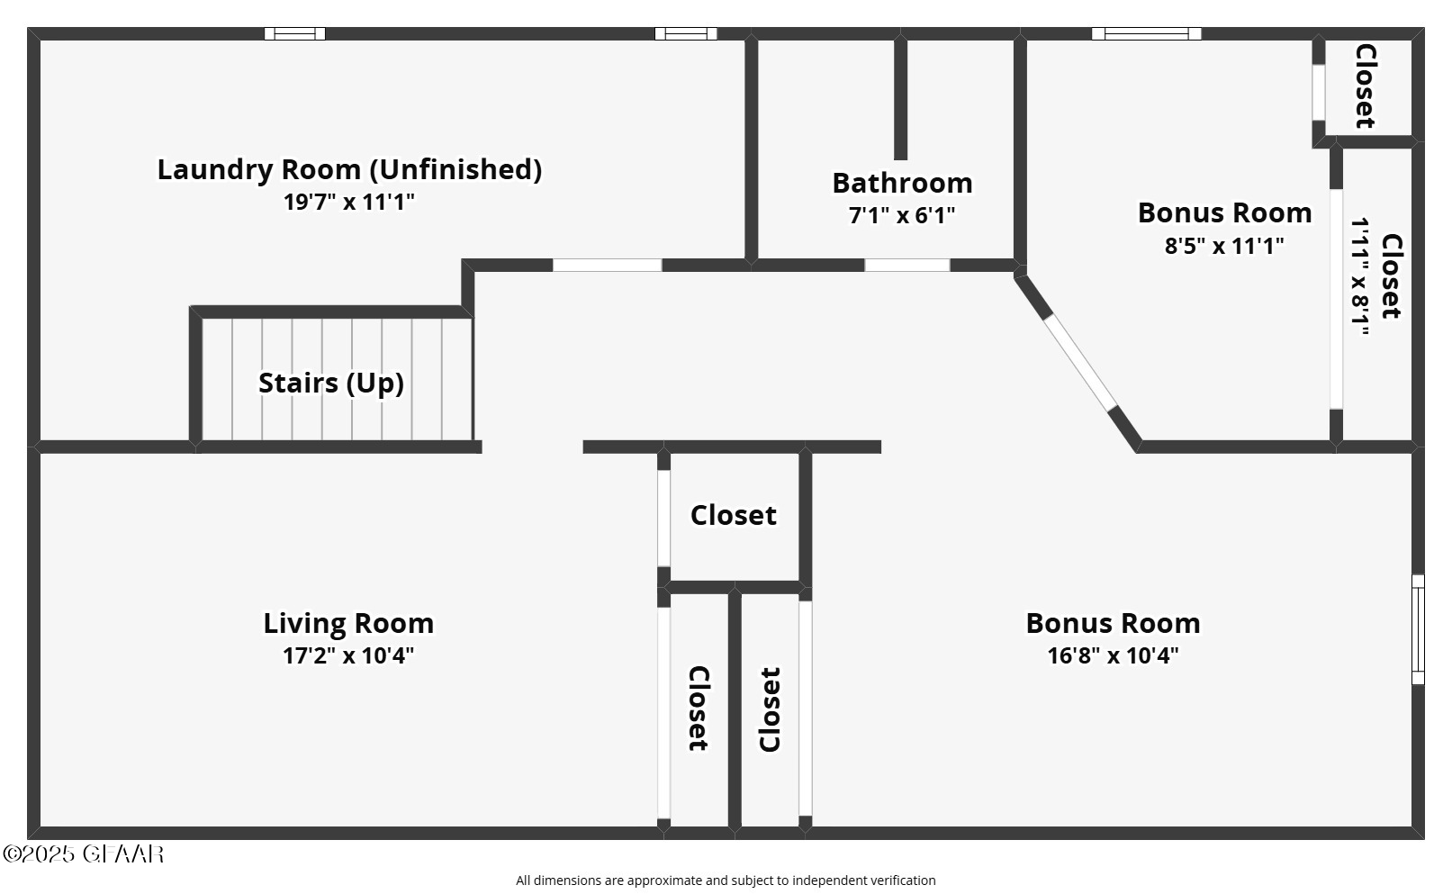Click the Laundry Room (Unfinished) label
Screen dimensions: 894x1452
click(x=349, y=169)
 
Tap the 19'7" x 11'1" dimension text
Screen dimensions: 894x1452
click(x=349, y=202)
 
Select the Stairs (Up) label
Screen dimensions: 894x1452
click(x=330, y=383)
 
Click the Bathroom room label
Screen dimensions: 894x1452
click(x=902, y=183)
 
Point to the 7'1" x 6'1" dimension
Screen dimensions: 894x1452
click(x=902, y=215)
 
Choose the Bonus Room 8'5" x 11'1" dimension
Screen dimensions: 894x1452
click(x=1224, y=245)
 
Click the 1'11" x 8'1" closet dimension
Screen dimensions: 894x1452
click(x=1360, y=276)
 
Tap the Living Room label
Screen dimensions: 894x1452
click(x=348, y=623)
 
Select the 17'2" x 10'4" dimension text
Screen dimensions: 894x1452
click(x=348, y=655)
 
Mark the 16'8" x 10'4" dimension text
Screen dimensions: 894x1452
click(x=1113, y=655)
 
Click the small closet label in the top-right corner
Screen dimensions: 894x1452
click(x=1366, y=86)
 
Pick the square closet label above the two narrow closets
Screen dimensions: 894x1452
click(x=733, y=515)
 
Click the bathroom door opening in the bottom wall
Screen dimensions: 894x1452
click(x=906, y=265)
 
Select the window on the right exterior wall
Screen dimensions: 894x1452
click(x=1418, y=629)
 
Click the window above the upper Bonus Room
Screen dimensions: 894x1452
click(x=1146, y=34)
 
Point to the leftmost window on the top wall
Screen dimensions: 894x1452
click(x=294, y=34)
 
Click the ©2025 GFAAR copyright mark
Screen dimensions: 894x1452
click(x=83, y=853)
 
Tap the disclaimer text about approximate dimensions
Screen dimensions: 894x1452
click(x=726, y=880)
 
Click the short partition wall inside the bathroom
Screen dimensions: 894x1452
click(x=900, y=99)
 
